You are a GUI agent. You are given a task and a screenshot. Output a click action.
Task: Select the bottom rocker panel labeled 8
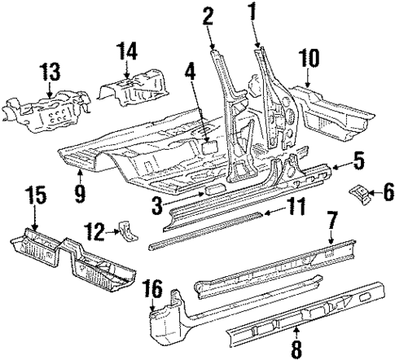pos(309,314)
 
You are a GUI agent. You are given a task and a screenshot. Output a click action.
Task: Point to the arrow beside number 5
pos(342,164)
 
